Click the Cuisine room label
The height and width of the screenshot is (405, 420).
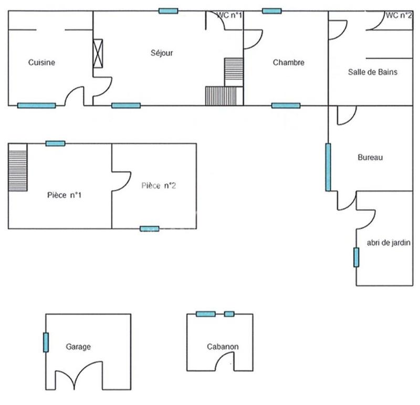click(x=41, y=63)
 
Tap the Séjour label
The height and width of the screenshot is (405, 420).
click(x=162, y=53)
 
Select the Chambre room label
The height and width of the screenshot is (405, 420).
click(x=288, y=63)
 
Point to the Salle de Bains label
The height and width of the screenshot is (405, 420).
click(x=372, y=72)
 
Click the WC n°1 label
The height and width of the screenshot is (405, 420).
click(x=230, y=16)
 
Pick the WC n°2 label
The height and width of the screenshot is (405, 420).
click(x=398, y=16)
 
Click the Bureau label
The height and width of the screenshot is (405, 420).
click(x=370, y=157)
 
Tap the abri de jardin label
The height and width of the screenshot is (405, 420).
click(x=386, y=243)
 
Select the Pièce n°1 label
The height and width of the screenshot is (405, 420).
click(x=64, y=195)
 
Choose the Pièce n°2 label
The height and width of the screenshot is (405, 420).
click(x=158, y=185)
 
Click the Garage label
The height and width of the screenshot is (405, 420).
click(x=78, y=347)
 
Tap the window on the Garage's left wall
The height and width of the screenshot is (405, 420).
click(x=46, y=342)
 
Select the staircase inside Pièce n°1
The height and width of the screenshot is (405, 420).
click(x=17, y=168)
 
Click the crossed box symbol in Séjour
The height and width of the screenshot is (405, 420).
click(x=98, y=53)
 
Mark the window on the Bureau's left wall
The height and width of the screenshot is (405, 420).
click(x=328, y=167)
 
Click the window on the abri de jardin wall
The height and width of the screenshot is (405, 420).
click(x=356, y=257)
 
